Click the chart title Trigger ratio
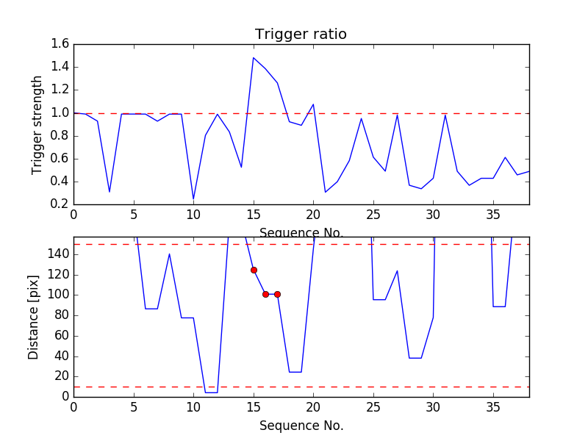[x=301, y=35]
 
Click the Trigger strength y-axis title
[x=37, y=124]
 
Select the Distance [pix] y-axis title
[x=34, y=317]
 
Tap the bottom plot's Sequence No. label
[x=301, y=426]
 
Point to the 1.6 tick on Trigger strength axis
[x=60, y=44]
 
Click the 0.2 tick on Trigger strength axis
[x=60, y=204]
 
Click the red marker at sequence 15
[x=254, y=270]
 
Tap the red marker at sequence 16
[x=265, y=294]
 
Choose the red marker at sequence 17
[x=277, y=294]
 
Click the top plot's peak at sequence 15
[x=254, y=57]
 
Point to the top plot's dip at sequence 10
[x=193, y=198]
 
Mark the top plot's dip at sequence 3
[x=110, y=192]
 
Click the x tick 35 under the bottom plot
[x=493, y=406]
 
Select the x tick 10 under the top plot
[x=193, y=215]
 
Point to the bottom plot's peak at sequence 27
[x=397, y=270]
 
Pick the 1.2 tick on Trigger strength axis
[x=60, y=90]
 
